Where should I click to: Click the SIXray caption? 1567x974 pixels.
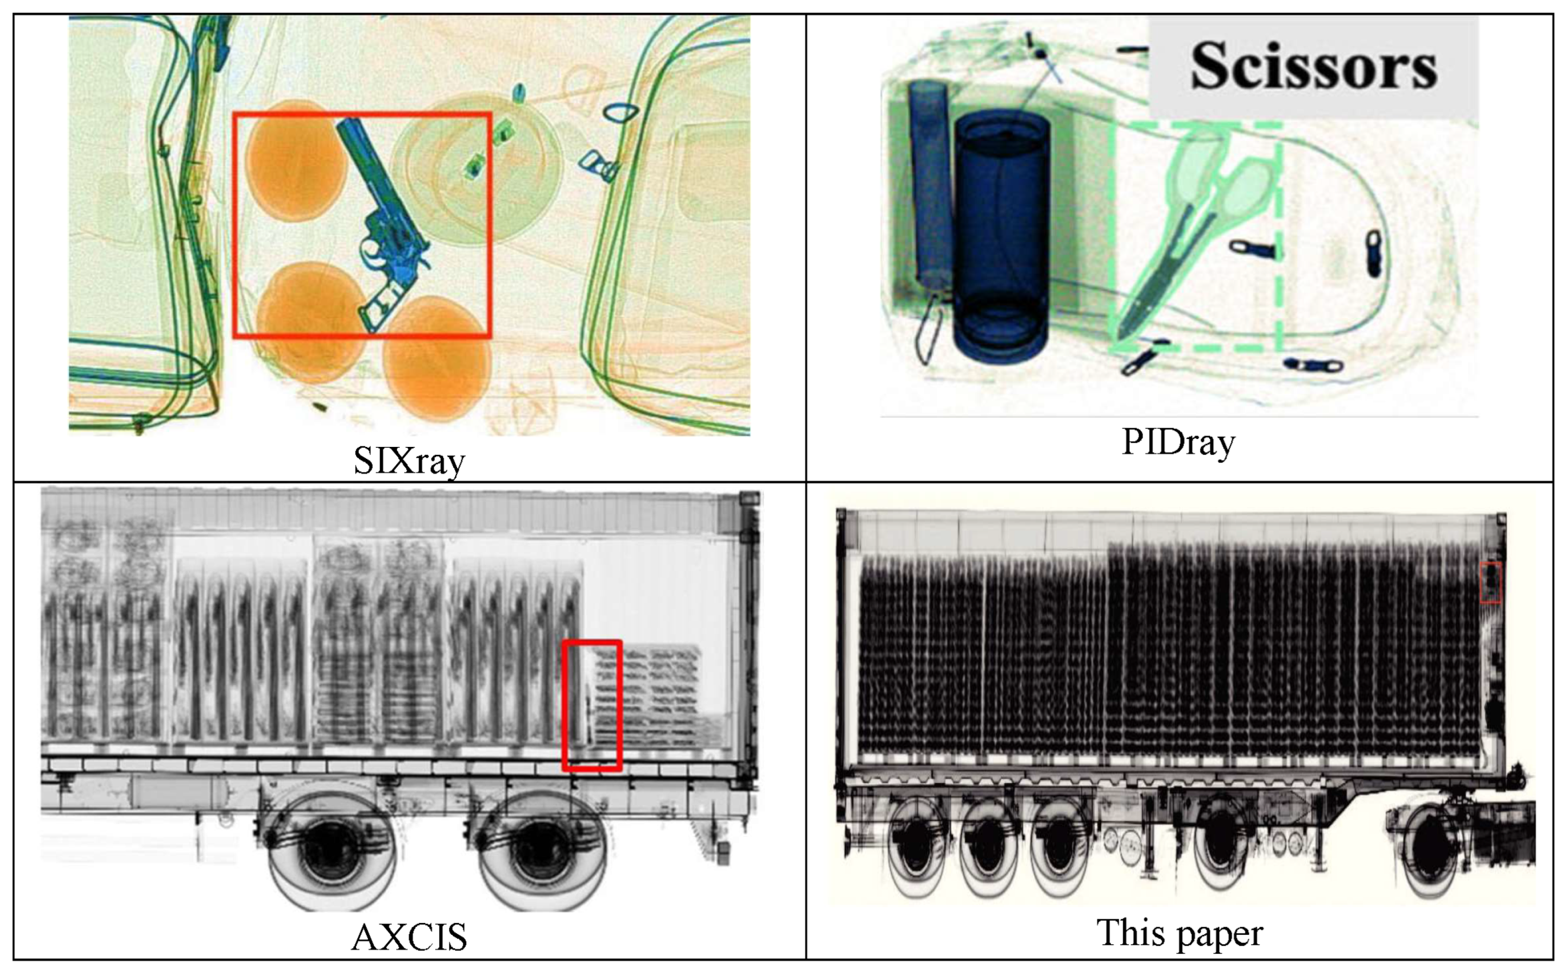pos(410,460)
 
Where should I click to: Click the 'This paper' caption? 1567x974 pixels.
pos(1180,933)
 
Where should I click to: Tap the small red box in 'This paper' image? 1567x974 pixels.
pos(1490,582)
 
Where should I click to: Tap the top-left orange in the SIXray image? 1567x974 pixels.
pos(293,161)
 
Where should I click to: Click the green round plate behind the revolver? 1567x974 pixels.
pos(476,168)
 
